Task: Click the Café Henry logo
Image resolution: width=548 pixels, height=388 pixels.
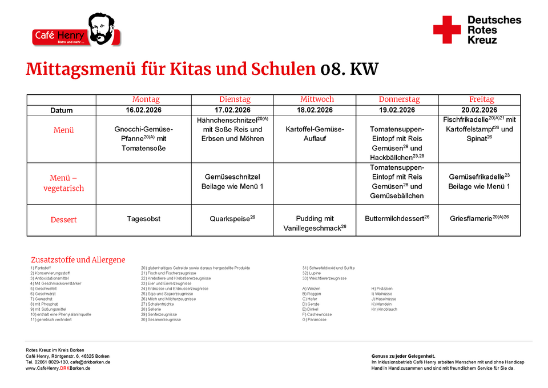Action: click(76, 31)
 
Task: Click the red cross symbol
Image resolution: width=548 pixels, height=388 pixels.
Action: click(447, 30)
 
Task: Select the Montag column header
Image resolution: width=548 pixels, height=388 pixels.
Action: click(146, 99)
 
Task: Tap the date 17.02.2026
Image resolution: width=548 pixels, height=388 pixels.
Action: click(232, 110)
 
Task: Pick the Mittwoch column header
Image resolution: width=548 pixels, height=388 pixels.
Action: click(315, 99)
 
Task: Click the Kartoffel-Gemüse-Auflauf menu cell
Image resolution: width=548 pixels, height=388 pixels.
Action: click(315, 134)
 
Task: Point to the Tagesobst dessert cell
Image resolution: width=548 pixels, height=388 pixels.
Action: click(143, 218)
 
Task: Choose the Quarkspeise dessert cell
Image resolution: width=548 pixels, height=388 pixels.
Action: click(232, 218)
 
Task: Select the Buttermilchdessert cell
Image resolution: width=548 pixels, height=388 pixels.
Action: click(397, 218)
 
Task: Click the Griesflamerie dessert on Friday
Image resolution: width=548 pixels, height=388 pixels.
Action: click(479, 218)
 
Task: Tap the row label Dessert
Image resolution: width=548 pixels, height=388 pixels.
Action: click(64, 220)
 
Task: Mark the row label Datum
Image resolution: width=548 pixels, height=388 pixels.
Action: click(62, 110)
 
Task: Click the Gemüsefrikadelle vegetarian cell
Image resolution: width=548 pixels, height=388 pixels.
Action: click(479, 182)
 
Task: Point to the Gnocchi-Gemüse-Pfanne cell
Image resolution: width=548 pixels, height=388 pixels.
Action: click(143, 138)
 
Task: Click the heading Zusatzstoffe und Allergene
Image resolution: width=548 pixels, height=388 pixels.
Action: click(78, 260)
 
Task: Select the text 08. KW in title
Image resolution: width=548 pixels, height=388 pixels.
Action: click(349, 70)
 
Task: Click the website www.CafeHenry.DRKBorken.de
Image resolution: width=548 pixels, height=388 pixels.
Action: click(58, 369)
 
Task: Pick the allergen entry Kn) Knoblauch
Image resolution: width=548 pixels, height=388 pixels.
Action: click(384, 309)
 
